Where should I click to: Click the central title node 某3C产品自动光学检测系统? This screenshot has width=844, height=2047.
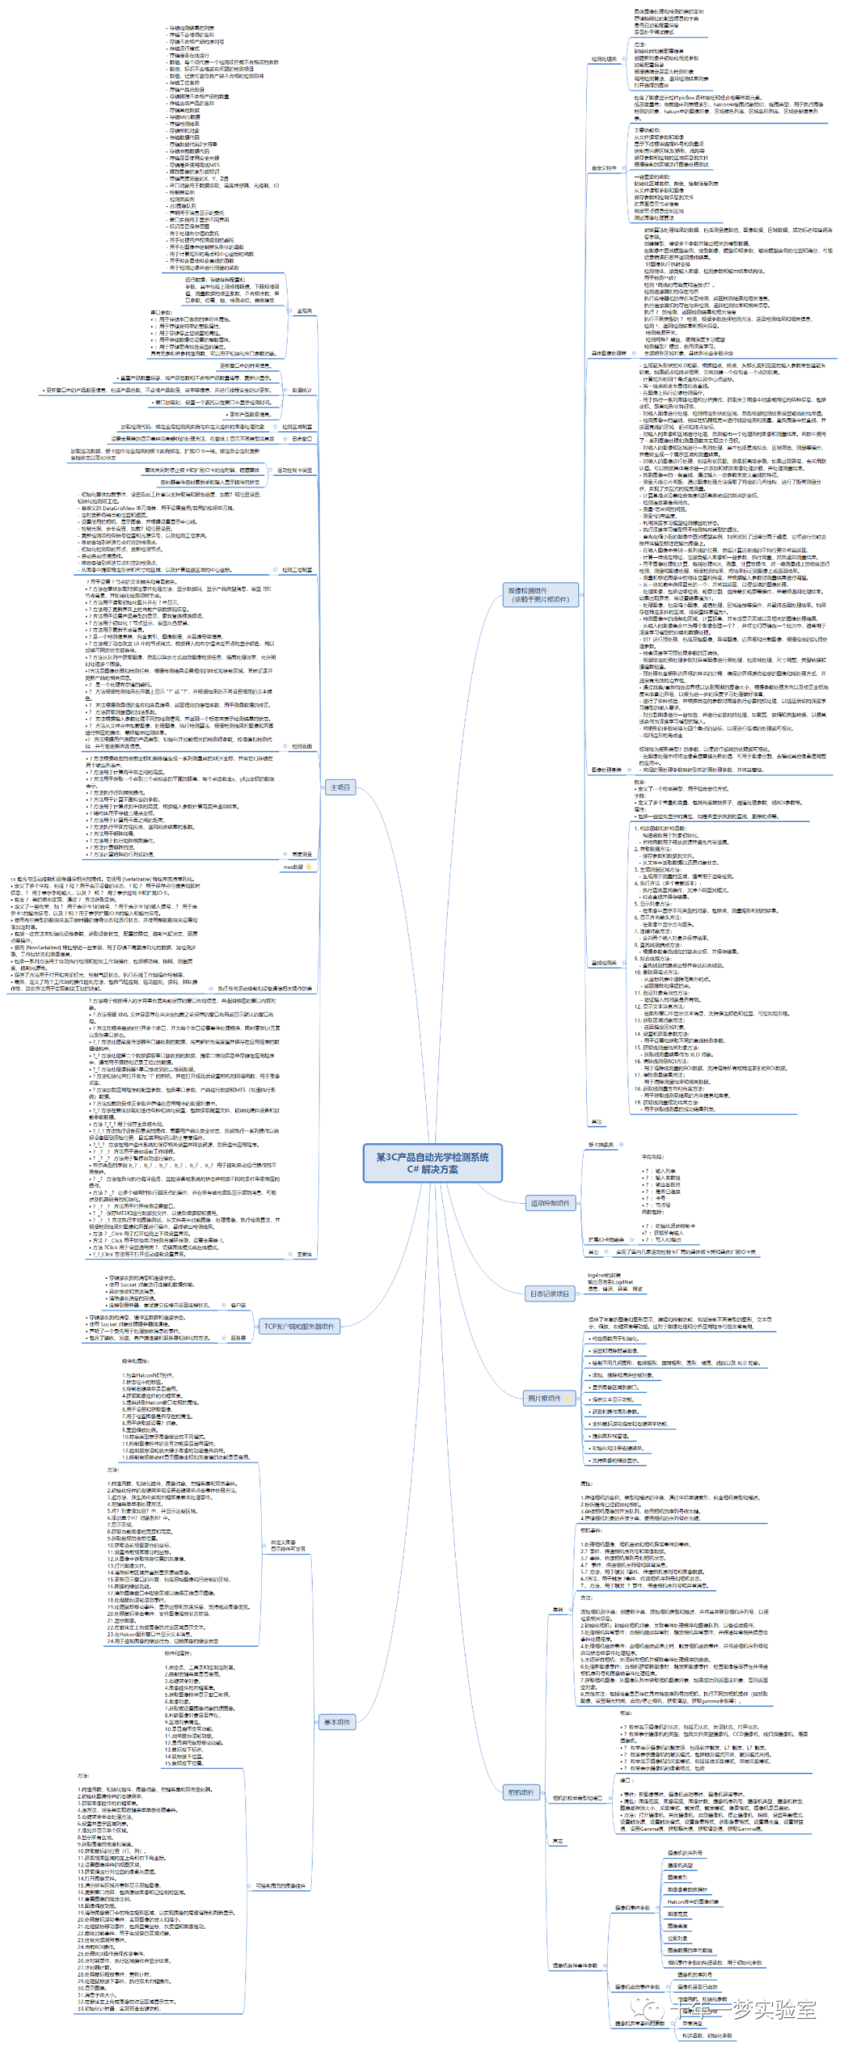(x=432, y=1162)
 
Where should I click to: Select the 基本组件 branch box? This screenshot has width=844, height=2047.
(x=337, y=1722)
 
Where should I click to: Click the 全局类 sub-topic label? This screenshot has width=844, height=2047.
(x=303, y=311)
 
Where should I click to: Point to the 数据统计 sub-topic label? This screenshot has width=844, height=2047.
(x=302, y=390)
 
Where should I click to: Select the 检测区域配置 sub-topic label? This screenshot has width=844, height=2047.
(x=296, y=427)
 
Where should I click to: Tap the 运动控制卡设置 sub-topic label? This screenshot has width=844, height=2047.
(x=294, y=470)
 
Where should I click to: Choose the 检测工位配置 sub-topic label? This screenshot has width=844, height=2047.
(x=296, y=570)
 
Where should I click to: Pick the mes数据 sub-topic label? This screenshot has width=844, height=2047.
(x=293, y=867)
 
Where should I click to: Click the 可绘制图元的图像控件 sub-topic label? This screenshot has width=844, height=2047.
(x=280, y=1886)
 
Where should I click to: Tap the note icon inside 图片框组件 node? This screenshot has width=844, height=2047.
(x=567, y=1398)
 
